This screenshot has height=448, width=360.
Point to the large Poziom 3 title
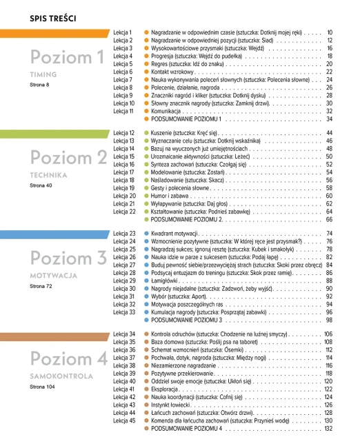tap(68, 259)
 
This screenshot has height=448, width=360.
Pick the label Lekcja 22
tap(124, 211)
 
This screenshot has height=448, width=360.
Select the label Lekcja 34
tap(124, 334)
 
